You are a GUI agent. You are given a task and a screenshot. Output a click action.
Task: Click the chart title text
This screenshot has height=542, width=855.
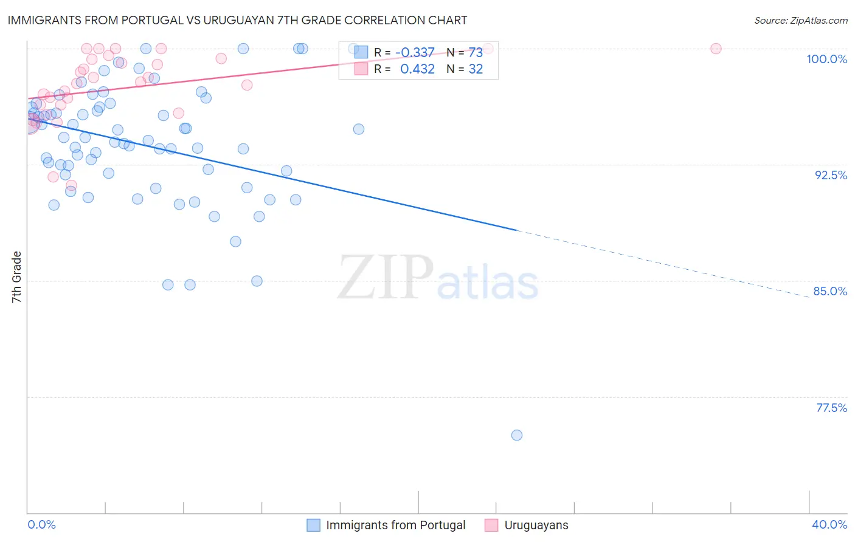238,20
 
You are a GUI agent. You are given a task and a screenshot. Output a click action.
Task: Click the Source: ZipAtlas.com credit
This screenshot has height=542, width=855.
800,21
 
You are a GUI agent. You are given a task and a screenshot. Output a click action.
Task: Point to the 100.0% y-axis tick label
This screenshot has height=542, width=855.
826,59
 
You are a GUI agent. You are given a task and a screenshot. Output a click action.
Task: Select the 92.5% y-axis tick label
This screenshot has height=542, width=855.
831,175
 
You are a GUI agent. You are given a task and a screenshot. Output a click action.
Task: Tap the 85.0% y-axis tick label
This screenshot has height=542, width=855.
830,291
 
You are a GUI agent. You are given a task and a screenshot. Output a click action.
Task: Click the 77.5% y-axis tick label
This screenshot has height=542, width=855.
831,408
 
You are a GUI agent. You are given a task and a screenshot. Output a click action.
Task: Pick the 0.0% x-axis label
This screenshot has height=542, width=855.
42,524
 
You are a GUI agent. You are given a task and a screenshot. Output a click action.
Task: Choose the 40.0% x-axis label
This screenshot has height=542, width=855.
829,524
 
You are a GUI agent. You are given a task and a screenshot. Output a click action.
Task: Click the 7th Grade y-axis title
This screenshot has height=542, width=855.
16,277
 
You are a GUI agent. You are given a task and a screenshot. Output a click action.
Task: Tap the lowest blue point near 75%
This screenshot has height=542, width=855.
517,435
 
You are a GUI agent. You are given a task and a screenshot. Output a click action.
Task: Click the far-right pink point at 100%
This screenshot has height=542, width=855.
716,49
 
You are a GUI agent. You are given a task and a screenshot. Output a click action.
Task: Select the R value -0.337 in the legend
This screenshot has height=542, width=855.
415,53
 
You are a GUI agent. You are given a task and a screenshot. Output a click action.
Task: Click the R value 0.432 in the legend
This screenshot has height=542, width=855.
417,69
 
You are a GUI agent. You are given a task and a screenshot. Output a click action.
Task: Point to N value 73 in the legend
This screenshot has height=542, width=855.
475,53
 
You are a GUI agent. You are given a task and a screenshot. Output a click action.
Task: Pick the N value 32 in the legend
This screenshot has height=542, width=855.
475,69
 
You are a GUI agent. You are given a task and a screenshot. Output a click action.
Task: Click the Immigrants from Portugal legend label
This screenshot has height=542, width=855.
395,525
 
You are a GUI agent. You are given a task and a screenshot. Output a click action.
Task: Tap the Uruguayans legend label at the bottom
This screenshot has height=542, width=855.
536,525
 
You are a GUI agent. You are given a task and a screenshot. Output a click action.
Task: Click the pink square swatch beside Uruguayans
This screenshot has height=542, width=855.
491,525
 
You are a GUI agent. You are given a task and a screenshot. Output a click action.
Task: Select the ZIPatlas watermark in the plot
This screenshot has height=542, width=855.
437,278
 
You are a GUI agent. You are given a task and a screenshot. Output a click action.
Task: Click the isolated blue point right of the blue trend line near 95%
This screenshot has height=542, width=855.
359,129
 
